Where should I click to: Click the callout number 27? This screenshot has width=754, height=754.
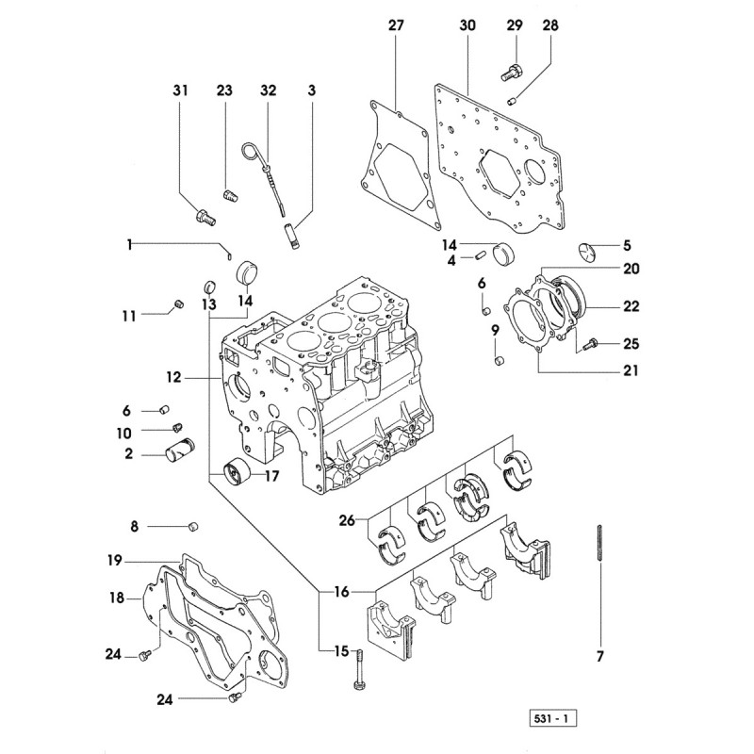pyautogui.click(x=395, y=25)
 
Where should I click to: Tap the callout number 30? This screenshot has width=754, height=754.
pyautogui.click(x=468, y=25)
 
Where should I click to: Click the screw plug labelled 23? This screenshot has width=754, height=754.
pyautogui.click(x=227, y=195)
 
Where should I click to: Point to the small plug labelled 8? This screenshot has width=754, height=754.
pyautogui.click(x=192, y=525)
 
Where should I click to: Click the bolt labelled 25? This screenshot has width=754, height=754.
pyautogui.click(x=591, y=345)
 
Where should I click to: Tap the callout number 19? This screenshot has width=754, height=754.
pyautogui.click(x=114, y=560)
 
